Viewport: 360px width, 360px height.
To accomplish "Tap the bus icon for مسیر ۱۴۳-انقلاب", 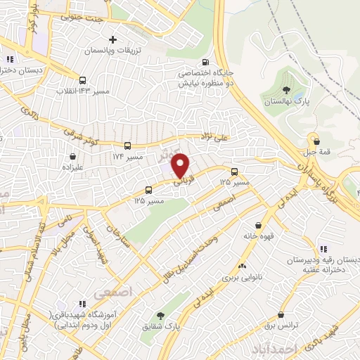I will click(83, 80).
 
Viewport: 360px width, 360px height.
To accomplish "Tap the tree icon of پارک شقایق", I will click(161, 316).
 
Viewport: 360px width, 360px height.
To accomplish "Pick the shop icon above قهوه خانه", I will click(259, 225).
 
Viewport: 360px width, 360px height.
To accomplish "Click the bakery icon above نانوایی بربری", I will click(242, 266).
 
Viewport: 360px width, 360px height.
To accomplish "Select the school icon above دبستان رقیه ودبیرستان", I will click(323, 248).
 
